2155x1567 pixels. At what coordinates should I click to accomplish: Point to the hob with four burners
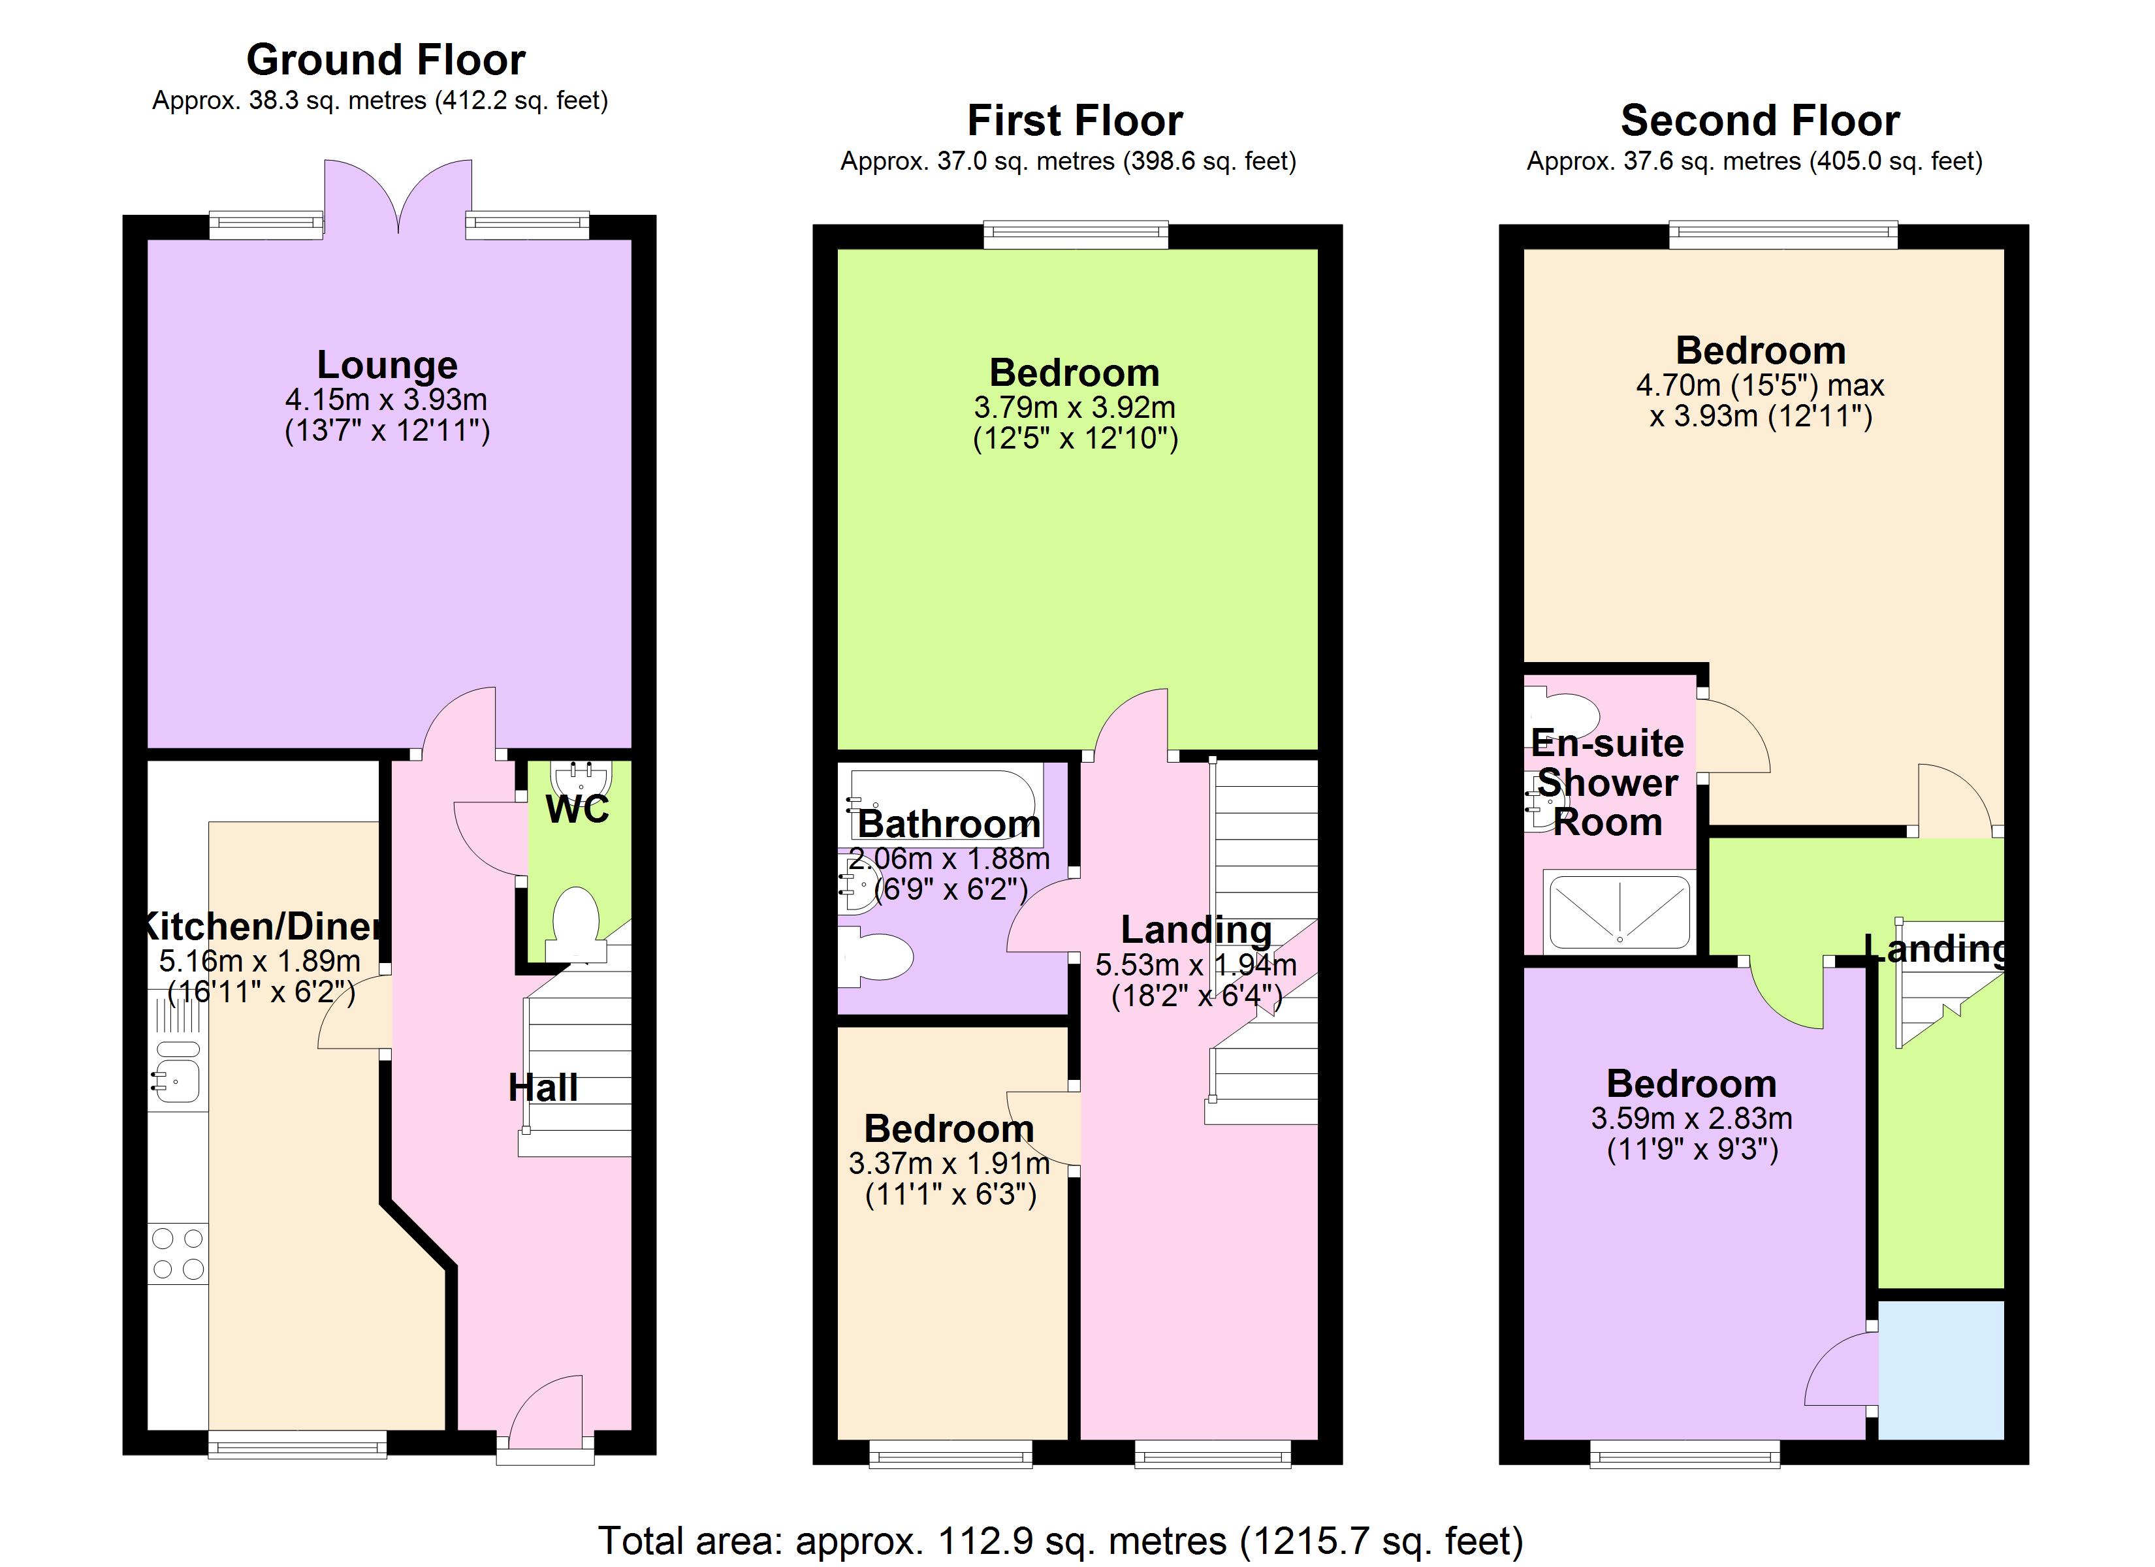(178, 1252)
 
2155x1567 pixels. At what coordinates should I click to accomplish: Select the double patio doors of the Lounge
(398, 195)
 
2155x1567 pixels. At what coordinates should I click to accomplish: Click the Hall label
(543, 1088)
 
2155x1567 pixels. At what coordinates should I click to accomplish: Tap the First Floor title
(1075, 121)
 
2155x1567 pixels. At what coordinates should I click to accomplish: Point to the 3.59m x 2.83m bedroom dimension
(1691, 1118)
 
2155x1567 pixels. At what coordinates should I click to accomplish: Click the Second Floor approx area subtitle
(1754, 161)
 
